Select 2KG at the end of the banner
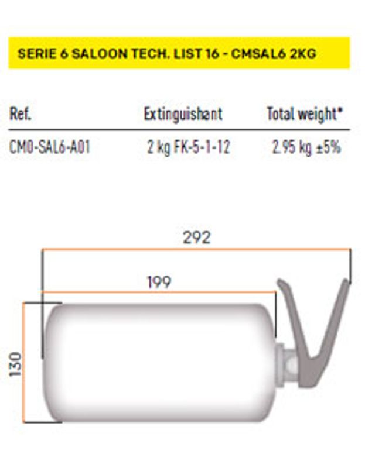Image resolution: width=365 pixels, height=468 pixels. pos(303,54)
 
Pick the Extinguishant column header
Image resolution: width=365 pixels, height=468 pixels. pos(183,113)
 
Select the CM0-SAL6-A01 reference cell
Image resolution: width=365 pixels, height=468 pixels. pos(50,147)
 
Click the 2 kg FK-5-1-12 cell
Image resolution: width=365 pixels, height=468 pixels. pos(188,147)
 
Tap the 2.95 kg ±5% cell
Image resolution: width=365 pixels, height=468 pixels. pos(306,147)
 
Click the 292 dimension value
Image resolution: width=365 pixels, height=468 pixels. pos(196,238)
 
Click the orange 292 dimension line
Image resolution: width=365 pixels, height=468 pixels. pos(196,250)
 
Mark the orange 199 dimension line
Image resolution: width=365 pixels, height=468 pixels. pos(159,291)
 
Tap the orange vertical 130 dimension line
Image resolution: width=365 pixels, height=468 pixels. pos(24,363)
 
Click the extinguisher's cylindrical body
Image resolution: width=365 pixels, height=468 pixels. pos(158,363)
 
